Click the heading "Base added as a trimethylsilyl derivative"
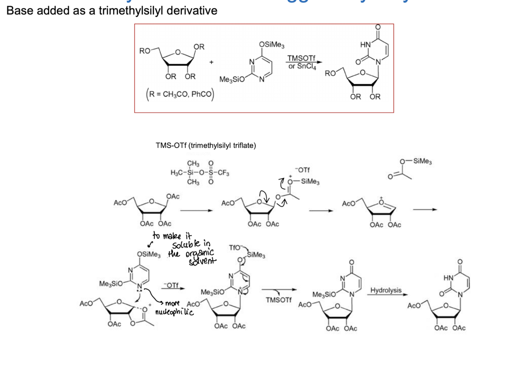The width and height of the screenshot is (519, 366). [x=112, y=11]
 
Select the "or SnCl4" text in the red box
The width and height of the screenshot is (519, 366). [x=302, y=67]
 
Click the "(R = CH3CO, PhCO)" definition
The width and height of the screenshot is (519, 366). [x=180, y=94]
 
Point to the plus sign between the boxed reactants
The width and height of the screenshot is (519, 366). [x=211, y=62]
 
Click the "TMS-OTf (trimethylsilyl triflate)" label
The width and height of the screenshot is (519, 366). [x=206, y=145]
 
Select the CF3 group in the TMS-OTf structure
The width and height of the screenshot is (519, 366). [x=223, y=173]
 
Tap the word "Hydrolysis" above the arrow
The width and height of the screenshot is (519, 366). [x=386, y=290]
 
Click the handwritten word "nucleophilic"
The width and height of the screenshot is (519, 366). [x=174, y=312]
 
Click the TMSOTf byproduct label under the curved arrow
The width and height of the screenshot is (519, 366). [x=279, y=300]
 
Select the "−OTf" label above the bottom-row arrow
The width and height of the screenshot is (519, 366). [x=171, y=285]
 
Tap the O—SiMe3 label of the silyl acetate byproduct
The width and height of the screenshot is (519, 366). [x=416, y=161]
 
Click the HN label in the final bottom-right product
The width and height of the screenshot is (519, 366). [x=448, y=278]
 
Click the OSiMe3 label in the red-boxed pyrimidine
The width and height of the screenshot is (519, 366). [x=272, y=45]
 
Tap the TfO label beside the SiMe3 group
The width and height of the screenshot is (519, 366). [x=235, y=247]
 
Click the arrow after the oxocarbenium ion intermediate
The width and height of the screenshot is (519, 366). [x=425, y=210]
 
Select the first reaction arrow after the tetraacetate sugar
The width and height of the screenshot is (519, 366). [x=196, y=210]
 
